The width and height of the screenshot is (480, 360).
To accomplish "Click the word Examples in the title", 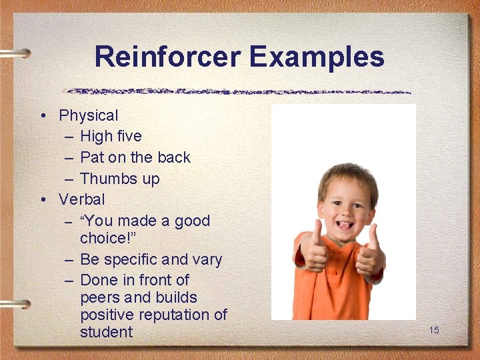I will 317,57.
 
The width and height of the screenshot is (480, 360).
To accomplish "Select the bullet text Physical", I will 88,116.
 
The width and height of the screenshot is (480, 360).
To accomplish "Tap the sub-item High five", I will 111,137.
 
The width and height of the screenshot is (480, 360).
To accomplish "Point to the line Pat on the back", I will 135,158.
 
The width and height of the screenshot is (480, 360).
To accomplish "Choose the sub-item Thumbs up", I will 119,179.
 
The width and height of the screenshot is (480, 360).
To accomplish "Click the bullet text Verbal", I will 81,199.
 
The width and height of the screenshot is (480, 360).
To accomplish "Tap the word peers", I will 100,297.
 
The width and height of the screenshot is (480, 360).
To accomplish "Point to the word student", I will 106,332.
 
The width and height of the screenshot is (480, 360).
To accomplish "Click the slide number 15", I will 434,330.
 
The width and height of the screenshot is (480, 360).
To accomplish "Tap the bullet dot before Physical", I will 42,117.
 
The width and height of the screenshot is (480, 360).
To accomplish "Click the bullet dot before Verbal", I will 42,200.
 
